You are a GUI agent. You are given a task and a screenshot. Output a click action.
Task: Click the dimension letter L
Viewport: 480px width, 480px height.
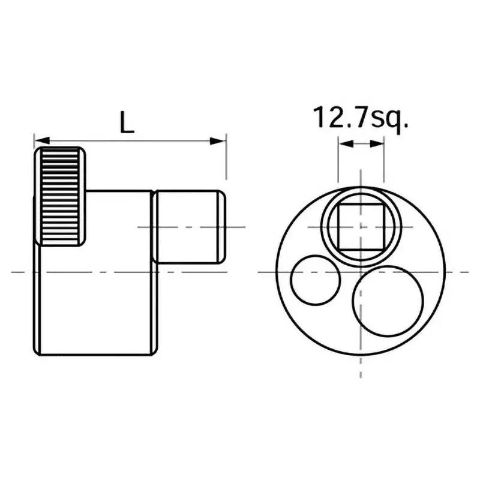127,123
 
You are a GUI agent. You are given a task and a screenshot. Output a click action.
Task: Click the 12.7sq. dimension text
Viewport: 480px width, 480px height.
361,118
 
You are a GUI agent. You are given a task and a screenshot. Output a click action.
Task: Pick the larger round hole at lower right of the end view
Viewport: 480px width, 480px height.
388,298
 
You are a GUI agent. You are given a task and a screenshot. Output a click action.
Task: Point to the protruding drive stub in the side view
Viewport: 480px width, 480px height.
189,227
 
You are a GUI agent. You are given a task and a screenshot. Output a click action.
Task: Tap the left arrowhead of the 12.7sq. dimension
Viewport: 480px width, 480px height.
343,144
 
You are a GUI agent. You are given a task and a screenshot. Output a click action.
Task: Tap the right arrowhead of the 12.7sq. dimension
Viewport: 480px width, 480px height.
378,144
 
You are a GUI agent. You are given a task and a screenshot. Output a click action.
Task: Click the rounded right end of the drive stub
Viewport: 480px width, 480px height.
223,227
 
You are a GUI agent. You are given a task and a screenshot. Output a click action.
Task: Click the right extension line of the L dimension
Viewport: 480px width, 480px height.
226,162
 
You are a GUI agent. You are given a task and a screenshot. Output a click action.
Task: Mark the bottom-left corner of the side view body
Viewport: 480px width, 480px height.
35,352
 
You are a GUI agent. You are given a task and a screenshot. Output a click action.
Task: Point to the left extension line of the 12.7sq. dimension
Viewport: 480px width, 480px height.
338,162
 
